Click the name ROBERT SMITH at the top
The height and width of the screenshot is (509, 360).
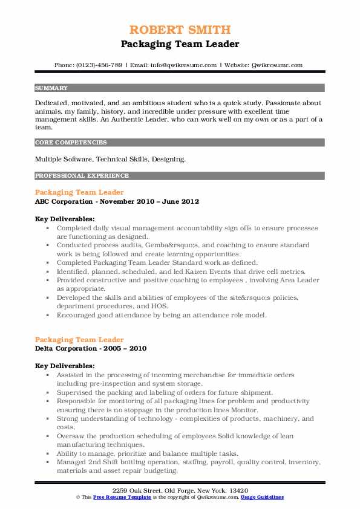180,30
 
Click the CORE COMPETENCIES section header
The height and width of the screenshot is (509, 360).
71,143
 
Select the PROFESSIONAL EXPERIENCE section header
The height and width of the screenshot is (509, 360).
82,176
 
